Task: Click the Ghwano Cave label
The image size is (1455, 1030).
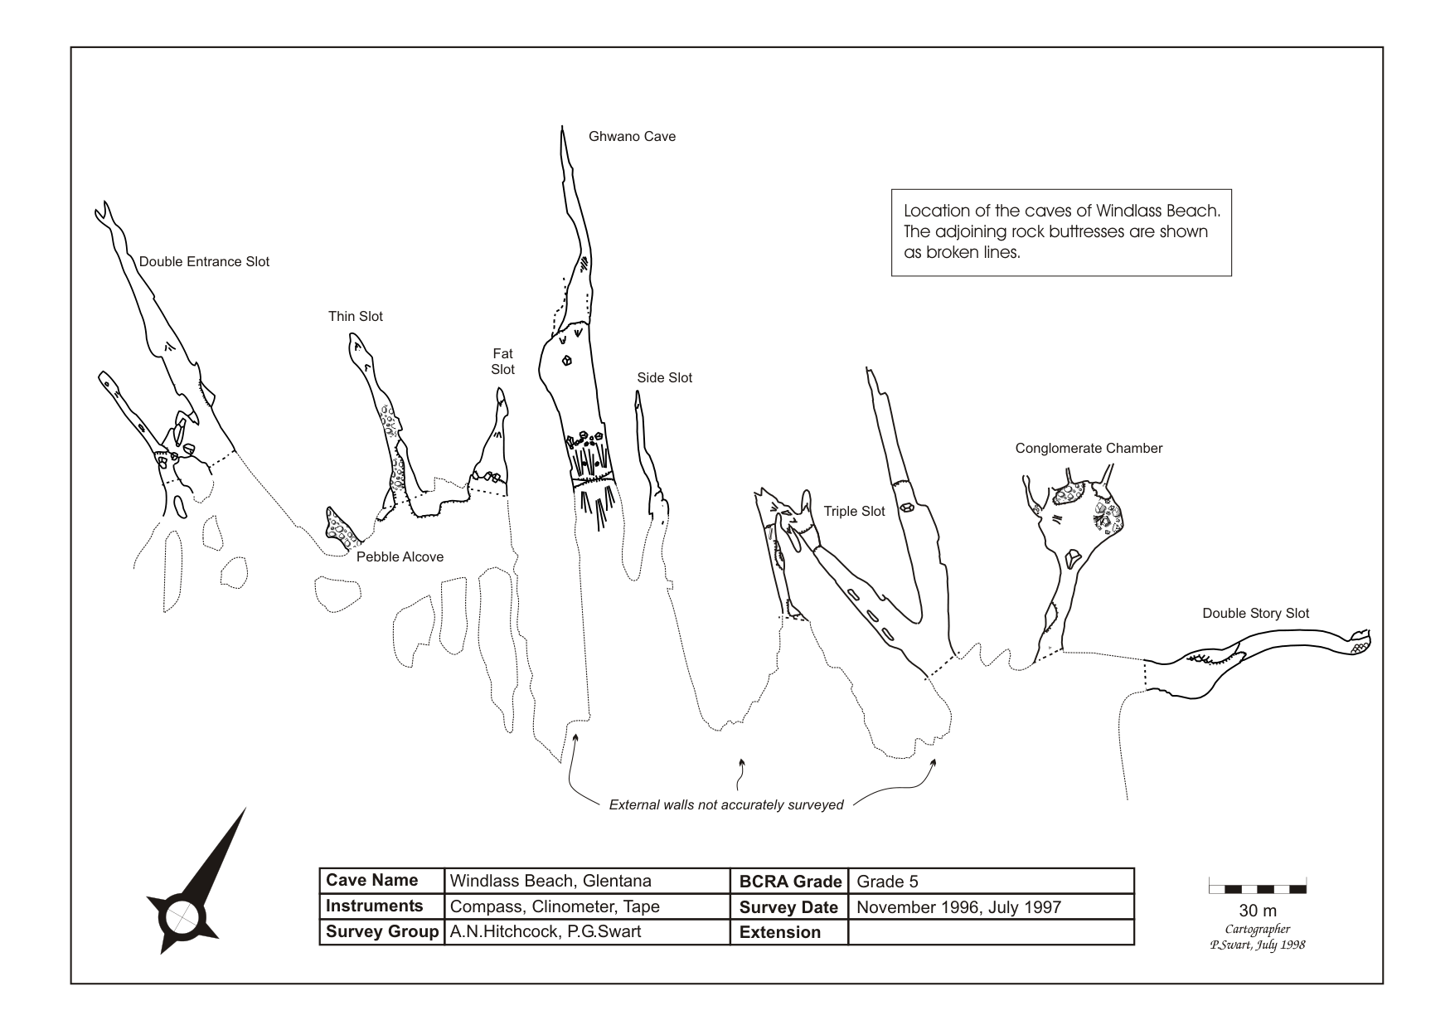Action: (x=632, y=137)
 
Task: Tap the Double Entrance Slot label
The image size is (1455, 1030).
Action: (x=204, y=262)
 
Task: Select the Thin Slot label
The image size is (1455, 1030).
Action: (x=355, y=317)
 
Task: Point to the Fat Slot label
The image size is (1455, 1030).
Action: (x=502, y=362)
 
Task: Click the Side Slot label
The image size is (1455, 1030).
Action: (x=664, y=378)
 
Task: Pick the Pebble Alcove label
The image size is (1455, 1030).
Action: (x=400, y=557)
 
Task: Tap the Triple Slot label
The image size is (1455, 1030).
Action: (x=854, y=512)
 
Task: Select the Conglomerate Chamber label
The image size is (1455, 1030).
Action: (x=1089, y=449)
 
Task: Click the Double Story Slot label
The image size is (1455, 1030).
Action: (x=1255, y=614)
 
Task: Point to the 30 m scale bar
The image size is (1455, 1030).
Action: (x=1257, y=888)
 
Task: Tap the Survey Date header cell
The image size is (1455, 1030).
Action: (x=788, y=907)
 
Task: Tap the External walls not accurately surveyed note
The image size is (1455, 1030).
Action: (x=726, y=805)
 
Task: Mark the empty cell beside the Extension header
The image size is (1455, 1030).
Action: (x=990, y=932)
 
